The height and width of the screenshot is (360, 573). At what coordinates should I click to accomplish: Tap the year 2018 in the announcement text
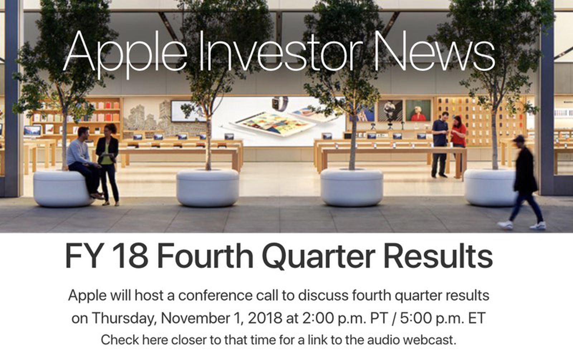(x=264, y=318)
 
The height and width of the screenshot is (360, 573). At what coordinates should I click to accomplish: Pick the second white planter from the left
(x=207, y=188)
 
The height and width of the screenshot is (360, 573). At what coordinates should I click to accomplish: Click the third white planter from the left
(x=351, y=188)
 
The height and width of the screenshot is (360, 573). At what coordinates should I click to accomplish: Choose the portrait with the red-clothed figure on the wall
(x=418, y=110)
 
